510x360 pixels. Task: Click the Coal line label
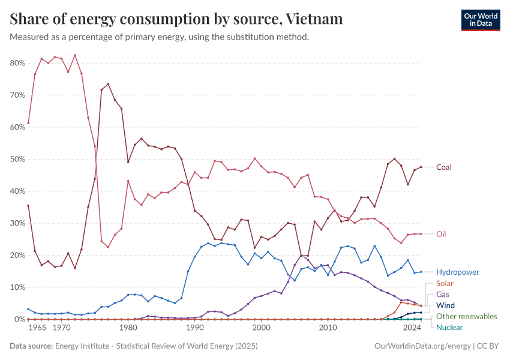pyautogui.click(x=443, y=167)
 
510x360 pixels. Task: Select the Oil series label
pyautogui.click(x=441, y=234)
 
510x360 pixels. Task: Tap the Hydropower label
pyautogui.click(x=457, y=272)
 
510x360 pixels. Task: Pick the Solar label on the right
pyautogui.click(x=445, y=283)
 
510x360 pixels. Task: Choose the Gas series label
pyautogui.click(x=443, y=295)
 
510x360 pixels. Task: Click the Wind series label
pyautogui.click(x=445, y=305)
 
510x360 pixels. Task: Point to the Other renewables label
pyautogui.click(x=466, y=316)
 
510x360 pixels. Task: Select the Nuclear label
pyautogui.click(x=449, y=328)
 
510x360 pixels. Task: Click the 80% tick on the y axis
pyautogui.click(x=17, y=63)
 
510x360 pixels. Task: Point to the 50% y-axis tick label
pyautogui.click(x=17, y=159)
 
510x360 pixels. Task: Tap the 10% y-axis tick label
pyautogui.click(x=17, y=287)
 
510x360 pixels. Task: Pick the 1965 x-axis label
pyautogui.click(x=37, y=329)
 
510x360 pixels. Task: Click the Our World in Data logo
pyautogui.click(x=481, y=20)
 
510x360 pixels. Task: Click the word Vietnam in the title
pyautogui.click(x=315, y=19)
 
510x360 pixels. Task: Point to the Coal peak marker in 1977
pyautogui.click(x=108, y=84)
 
